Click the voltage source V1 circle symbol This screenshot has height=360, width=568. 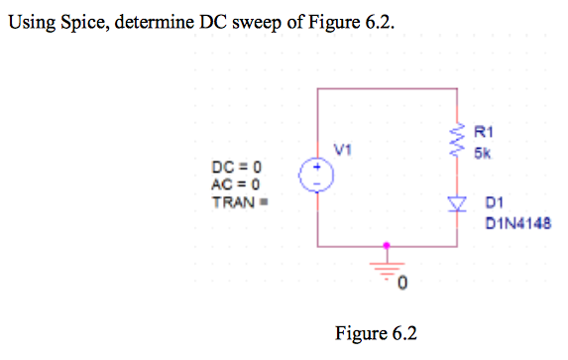point(317,177)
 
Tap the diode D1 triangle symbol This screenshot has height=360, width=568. point(457,205)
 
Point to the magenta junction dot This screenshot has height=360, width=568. point(386,244)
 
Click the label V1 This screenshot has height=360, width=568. point(342,151)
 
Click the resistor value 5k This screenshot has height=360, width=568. point(481,154)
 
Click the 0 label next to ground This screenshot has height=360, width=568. point(401,286)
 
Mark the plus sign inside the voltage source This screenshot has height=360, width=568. point(317,169)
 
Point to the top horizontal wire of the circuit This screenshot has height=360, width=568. point(387,89)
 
